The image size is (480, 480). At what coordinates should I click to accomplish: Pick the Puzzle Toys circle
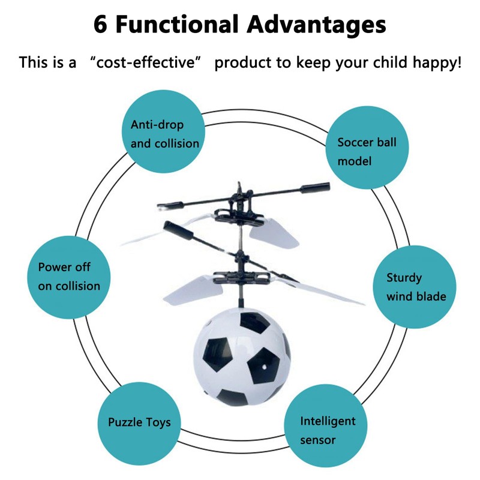[139, 422]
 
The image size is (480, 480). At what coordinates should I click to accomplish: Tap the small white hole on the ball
[262, 365]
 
